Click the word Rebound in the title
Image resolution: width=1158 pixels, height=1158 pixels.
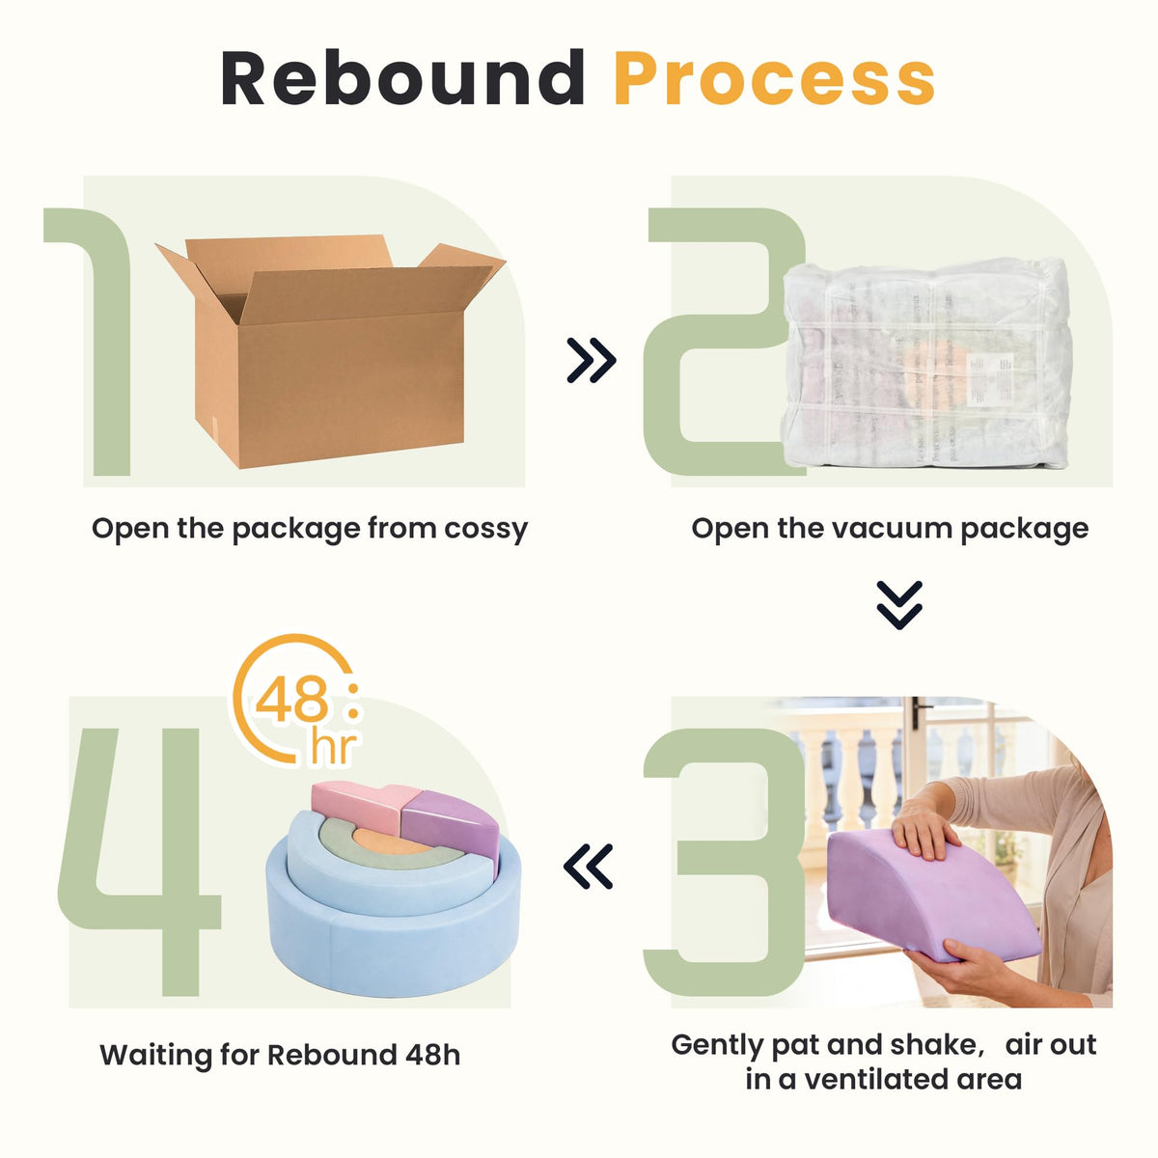402,78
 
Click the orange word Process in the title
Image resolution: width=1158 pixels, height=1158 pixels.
774,79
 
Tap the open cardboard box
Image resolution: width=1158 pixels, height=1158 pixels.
331,350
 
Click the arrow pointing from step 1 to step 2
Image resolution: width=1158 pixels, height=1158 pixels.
592,360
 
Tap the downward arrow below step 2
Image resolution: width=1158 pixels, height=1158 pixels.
899,604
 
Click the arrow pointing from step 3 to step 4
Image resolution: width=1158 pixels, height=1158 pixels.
588,866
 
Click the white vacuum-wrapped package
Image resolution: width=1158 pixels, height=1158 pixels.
926,363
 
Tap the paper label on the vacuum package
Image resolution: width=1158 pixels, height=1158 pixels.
990,378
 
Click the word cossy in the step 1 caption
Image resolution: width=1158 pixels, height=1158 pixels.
486,529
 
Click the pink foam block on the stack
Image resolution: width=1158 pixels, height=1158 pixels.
358,807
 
